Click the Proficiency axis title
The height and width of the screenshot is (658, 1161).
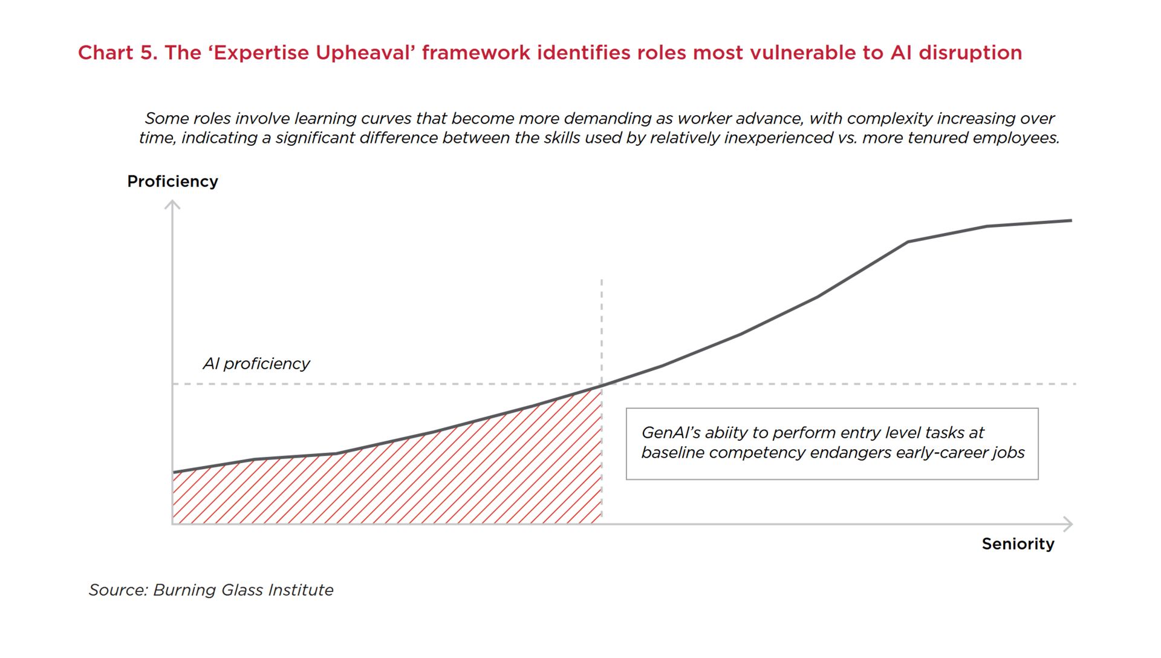pyautogui.click(x=172, y=182)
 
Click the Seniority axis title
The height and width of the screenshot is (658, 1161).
pyautogui.click(x=1018, y=544)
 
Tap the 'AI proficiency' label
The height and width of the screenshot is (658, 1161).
pyautogui.click(x=256, y=363)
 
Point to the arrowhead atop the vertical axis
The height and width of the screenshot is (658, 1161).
pyautogui.click(x=172, y=205)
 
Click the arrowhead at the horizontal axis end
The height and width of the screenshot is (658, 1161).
pyautogui.click(x=1068, y=524)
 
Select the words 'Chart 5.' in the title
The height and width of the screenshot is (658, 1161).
pyautogui.click(x=117, y=53)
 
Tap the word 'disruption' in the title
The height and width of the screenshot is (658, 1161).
pyautogui.click(x=970, y=53)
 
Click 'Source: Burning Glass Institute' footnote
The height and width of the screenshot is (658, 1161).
pyautogui.click(x=211, y=590)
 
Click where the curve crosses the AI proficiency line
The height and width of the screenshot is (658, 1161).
pyautogui.click(x=602, y=384)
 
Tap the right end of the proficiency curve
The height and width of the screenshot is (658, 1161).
pyautogui.click(x=1071, y=220)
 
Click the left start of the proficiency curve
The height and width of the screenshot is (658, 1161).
pyautogui.click(x=174, y=472)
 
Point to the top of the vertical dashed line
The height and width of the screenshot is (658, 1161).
pyautogui.click(x=602, y=280)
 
